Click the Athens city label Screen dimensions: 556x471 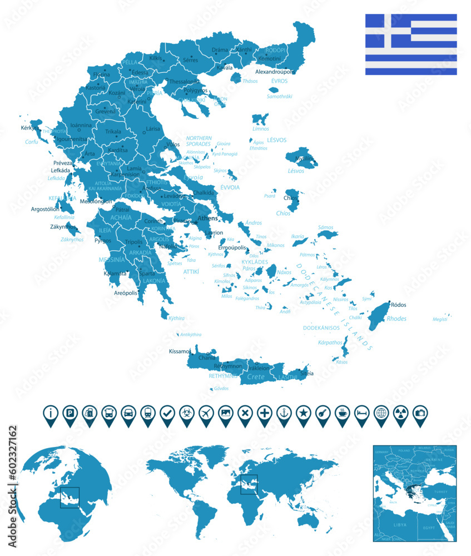pyautogui.click(x=207, y=219)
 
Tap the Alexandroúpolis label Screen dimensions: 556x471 pyautogui.click(x=275, y=72)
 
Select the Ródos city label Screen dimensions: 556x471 pyautogui.click(x=399, y=305)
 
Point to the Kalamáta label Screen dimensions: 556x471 pyautogui.click(x=115, y=274)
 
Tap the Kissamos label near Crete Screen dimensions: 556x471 pyautogui.click(x=180, y=351)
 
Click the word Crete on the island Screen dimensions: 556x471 pyautogui.click(x=256, y=377)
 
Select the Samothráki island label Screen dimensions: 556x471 pyautogui.click(x=280, y=96)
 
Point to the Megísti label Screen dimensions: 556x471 pyautogui.click(x=440, y=319)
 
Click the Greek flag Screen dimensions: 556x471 pyautogui.click(x=411, y=44)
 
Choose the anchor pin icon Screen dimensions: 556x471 pyautogui.click(x=284, y=413)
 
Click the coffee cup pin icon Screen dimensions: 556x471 pyautogui.click(x=343, y=413)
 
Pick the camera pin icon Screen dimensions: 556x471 pyautogui.click(x=420, y=413)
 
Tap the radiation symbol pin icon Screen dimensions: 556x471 pyautogui.click(x=401, y=413)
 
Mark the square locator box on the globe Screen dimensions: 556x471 pyautogui.click(x=70, y=497)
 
